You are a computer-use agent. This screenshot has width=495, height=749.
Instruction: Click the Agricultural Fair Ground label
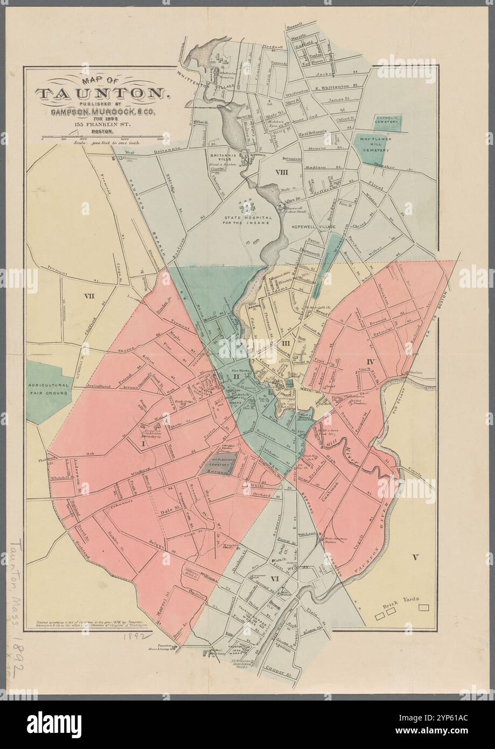48,390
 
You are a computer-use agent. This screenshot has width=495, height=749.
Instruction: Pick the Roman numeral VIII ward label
281,172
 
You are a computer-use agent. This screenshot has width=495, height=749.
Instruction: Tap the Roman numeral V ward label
414,557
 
